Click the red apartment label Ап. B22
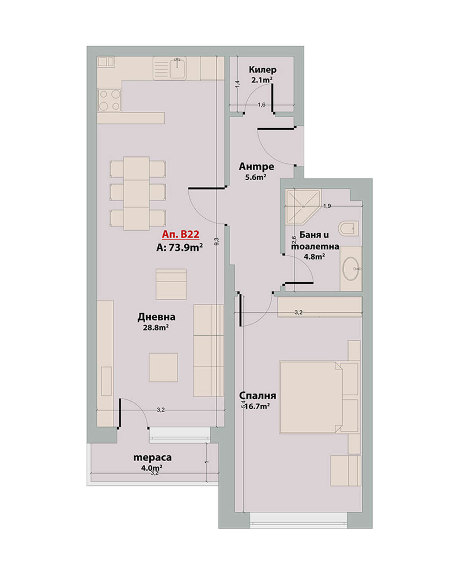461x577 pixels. [180, 234]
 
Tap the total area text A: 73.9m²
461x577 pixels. [179, 247]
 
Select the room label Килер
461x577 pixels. [262, 70]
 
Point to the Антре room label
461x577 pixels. [256, 166]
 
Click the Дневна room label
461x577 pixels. [156, 317]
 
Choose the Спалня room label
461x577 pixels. [258, 395]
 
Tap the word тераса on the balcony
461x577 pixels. [152, 458]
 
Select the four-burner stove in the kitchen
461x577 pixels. [110, 100]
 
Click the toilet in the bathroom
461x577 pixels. [348, 228]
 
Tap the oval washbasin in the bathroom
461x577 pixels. [351, 269]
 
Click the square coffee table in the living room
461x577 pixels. [163, 367]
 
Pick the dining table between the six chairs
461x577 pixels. [136, 194]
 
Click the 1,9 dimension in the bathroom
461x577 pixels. [327, 206]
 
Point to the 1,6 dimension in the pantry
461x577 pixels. [262, 105]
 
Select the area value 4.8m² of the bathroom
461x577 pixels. [314, 256]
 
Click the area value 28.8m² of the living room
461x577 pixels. [156, 327]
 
